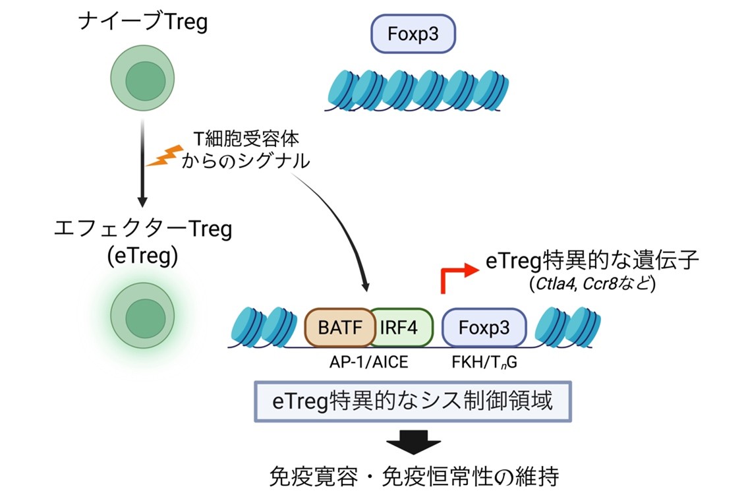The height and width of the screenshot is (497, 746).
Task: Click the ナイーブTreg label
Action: point(142,23)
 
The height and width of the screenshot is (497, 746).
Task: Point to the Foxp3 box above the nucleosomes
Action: point(413,33)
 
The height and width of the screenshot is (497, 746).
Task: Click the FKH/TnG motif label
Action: point(483,362)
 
